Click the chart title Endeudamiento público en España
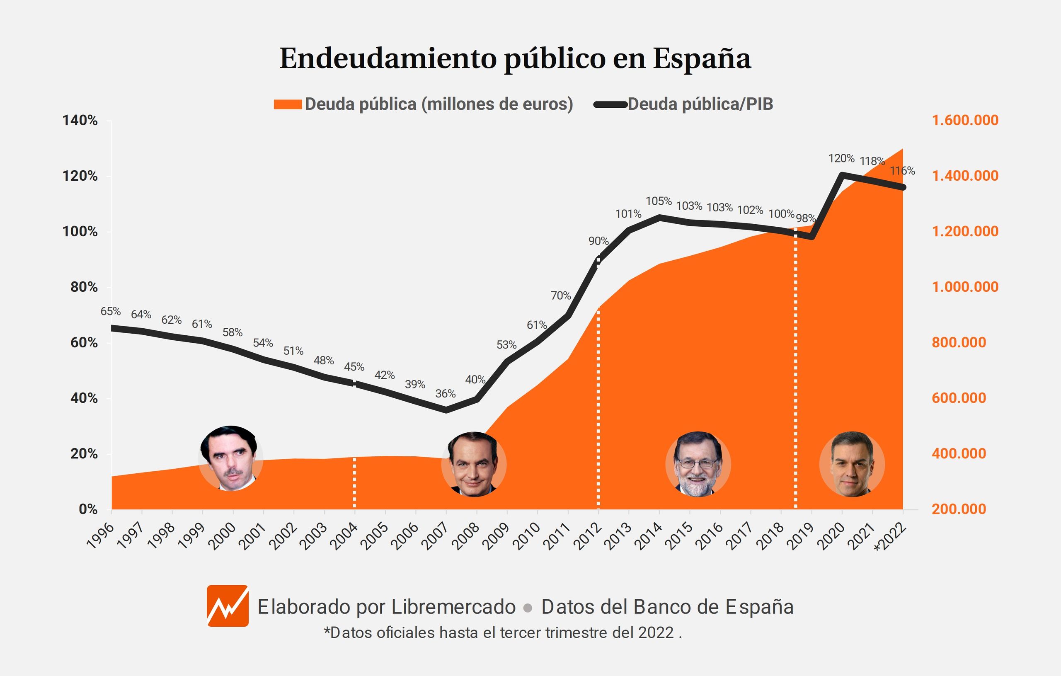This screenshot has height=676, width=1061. (515, 58)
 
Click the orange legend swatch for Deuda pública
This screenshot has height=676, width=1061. (287, 104)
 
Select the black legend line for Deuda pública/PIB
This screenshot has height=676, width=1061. (610, 104)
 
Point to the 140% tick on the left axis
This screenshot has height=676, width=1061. (80, 120)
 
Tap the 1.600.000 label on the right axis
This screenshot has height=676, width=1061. (965, 120)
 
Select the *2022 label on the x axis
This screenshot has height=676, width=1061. (891, 536)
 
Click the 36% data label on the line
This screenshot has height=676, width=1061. (445, 393)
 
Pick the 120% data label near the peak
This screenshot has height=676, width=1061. (841, 158)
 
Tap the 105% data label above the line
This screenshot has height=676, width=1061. (658, 201)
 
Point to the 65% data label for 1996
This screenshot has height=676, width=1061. (110, 311)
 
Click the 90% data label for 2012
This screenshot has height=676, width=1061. (598, 241)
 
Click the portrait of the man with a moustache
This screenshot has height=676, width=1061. (230, 458)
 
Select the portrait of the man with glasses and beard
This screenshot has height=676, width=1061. (698, 464)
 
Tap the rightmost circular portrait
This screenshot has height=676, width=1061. (852, 464)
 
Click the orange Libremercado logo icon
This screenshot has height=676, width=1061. (228, 606)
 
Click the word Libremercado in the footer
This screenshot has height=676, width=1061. (453, 607)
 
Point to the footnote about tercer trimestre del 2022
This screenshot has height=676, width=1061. (503, 633)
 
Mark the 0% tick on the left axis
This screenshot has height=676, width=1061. (88, 509)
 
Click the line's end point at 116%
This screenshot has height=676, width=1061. (903, 187)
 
